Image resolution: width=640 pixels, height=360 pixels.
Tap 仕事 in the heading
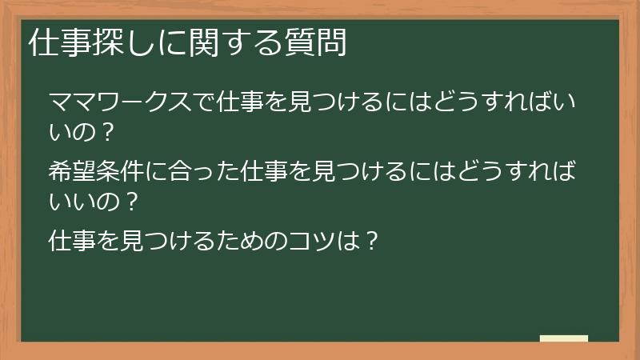click(x=55, y=43)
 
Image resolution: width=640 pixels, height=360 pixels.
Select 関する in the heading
click(x=233, y=43)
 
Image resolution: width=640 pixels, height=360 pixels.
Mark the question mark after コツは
click(x=370, y=240)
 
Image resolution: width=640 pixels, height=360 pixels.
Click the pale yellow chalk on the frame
click(x=564, y=338)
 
